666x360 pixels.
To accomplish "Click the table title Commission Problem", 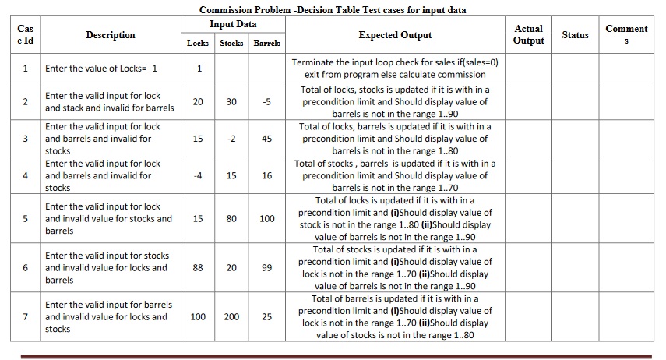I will point(337,10).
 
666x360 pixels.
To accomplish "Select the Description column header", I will point(110,35).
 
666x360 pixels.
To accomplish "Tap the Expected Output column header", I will point(395,35).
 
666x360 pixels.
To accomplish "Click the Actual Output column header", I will point(529,34).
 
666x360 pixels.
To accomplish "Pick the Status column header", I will point(576,35).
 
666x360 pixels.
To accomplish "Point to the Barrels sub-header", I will point(267,44).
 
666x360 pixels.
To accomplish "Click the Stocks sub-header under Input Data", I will point(231,44).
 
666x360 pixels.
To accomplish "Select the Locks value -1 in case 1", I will point(198,69).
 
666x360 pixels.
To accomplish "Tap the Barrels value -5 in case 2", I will point(267,102).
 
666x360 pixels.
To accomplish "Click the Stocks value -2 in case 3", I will point(231,139).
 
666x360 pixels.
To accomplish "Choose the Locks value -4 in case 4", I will point(198,175).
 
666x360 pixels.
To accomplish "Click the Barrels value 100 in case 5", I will point(267,219).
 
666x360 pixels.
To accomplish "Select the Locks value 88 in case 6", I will point(198,268).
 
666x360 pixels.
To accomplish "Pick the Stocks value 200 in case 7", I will point(231,317).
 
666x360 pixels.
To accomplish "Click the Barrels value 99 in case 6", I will point(267,268).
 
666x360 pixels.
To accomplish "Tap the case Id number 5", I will point(26,219).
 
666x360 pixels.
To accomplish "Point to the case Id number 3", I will point(26,139).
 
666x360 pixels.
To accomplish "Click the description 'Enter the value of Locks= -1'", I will point(101,69).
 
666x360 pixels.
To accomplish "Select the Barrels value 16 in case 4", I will point(267,175).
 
